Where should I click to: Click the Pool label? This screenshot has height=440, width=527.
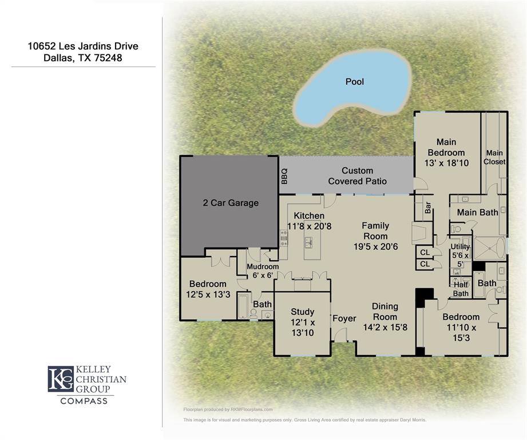tap(354, 82)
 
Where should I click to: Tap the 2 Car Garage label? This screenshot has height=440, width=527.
tap(231, 203)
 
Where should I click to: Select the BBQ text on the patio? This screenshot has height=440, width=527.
tap(284, 176)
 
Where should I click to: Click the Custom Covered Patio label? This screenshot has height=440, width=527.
tap(357, 176)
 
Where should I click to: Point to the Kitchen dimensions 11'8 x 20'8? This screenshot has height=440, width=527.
tap(309, 226)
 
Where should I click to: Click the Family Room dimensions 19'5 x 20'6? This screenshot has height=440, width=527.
tap(375, 246)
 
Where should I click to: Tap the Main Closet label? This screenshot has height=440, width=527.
tap(494, 158)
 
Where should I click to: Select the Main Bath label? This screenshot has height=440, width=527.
tap(477, 213)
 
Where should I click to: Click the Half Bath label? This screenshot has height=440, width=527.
tap(461, 289)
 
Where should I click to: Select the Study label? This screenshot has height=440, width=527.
tap(302, 312)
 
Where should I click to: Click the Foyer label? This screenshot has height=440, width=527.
tap(344, 319)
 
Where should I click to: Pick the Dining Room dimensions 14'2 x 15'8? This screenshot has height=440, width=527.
tap(385, 328)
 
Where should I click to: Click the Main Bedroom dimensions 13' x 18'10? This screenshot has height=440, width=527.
tap(446, 163)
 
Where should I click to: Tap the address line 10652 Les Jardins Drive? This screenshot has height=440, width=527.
tap(83, 46)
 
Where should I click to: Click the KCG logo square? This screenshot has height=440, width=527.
tap(60, 379)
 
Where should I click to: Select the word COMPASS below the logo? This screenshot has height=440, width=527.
tap(84, 401)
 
